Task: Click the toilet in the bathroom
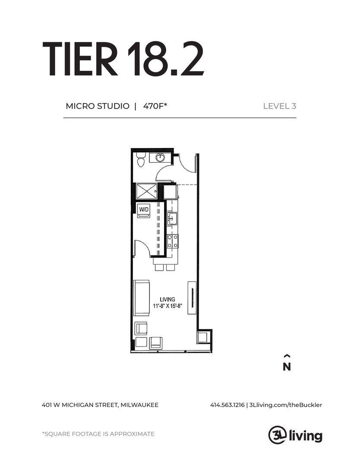141,159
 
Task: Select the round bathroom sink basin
160,157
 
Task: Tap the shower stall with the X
146,191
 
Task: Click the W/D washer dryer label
144,209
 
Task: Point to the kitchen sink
172,219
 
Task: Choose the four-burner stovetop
172,241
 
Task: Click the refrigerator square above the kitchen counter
171,192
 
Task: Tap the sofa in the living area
142,297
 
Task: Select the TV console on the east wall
192,297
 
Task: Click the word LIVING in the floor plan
167,299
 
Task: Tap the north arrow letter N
287,367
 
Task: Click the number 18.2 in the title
166,59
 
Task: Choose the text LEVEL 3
279,106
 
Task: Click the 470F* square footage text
155,106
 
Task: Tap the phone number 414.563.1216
227,405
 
